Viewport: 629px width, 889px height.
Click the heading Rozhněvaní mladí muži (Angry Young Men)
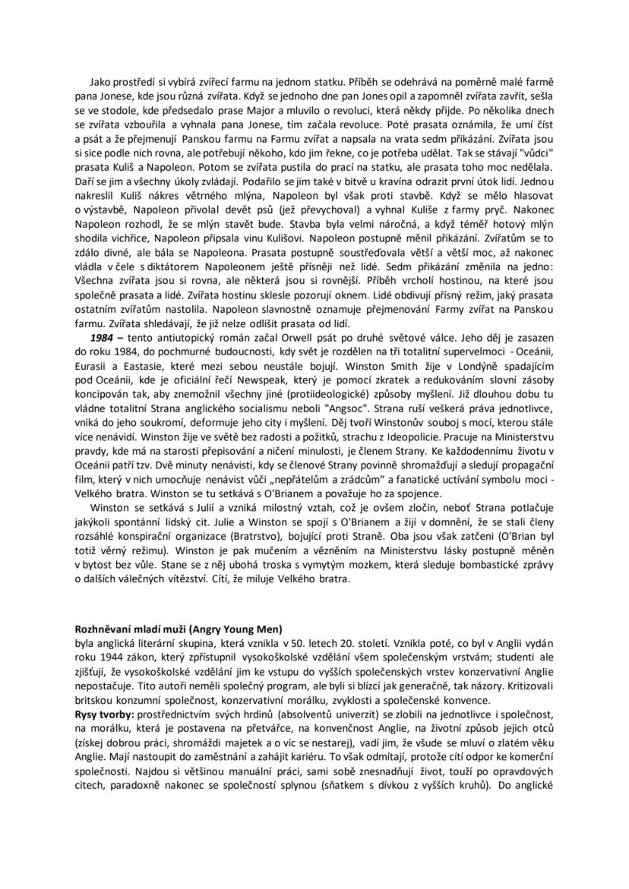click(178, 628)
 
